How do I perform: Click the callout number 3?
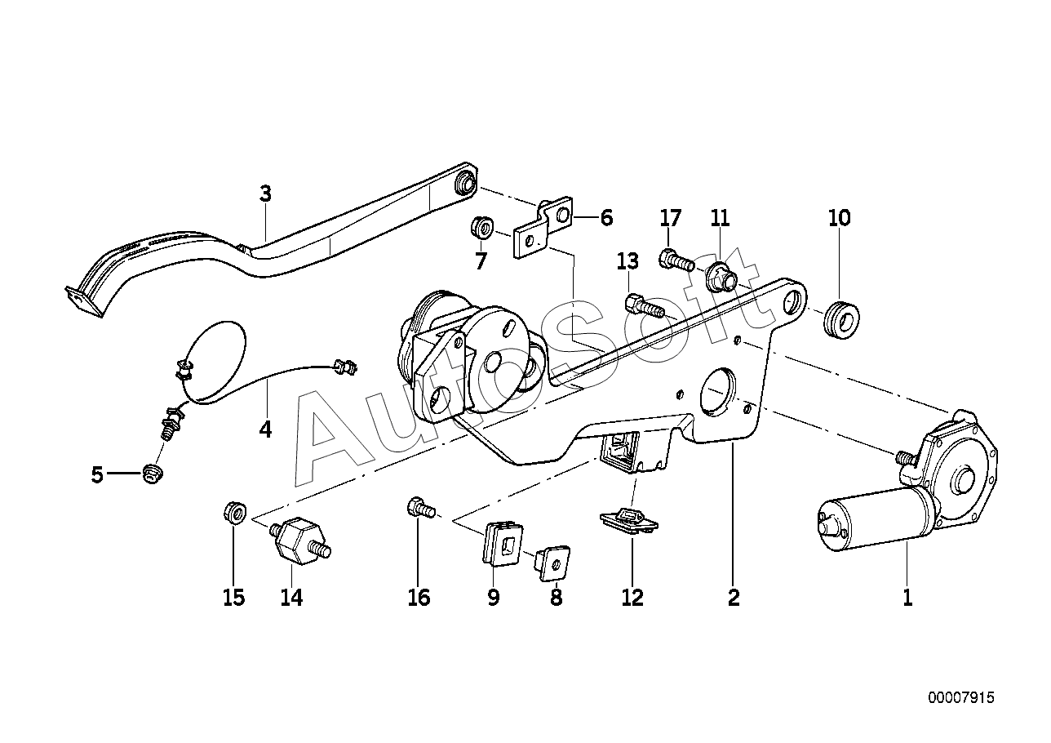(x=265, y=194)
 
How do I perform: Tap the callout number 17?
(x=671, y=218)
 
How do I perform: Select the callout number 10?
(x=840, y=218)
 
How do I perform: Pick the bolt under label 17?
(x=676, y=259)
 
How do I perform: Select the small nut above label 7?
(x=481, y=228)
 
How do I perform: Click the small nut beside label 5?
(x=152, y=474)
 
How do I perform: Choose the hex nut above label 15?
(x=235, y=512)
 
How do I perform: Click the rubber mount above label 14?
(x=300, y=541)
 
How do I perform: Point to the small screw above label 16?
(x=421, y=509)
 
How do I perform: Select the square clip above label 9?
(x=503, y=544)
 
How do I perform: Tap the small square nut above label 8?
(x=553, y=563)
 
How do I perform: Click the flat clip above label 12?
(x=628, y=521)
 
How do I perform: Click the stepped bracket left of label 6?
(x=544, y=227)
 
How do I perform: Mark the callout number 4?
(x=265, y=429)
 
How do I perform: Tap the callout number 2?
(x=734, y=598)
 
